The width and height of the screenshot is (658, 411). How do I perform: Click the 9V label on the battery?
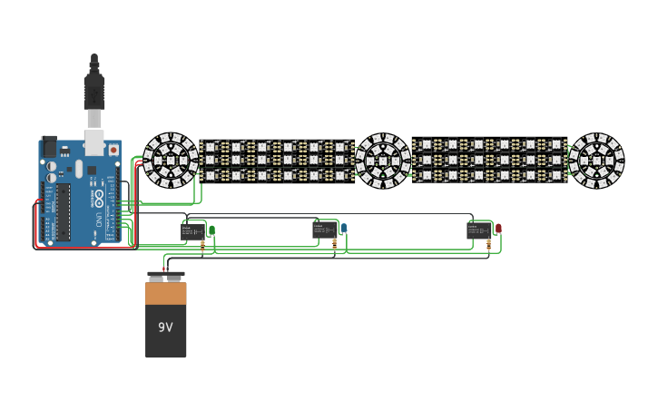[x=165, y=327]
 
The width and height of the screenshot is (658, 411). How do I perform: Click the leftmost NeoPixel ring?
[x=171, y=160]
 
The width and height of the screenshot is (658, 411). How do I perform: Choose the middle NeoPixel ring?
[x=382, y=161]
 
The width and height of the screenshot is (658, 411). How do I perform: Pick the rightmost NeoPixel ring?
[x=596, y=161]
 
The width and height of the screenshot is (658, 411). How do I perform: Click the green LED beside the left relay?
[x=211, y=230]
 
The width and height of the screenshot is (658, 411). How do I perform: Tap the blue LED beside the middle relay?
[x=344, y=228]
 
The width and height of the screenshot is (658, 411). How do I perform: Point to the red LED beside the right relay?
[x=498, y=228]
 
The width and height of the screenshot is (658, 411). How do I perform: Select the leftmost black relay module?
[x=192, y=231]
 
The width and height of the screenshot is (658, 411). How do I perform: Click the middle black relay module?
[x=324, y=230]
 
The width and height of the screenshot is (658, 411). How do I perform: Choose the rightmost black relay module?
[x=477, y=230]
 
